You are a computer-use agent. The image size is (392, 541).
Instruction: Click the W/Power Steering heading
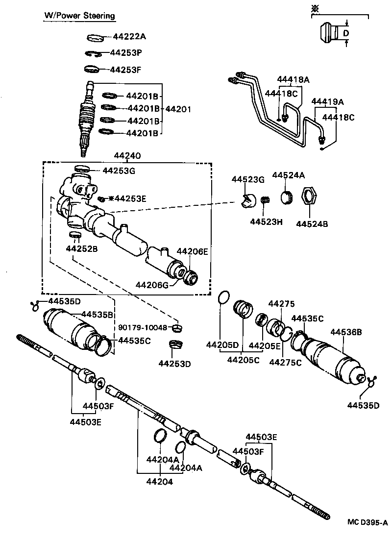point(79,16)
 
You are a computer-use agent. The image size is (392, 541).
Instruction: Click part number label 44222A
point(129,36)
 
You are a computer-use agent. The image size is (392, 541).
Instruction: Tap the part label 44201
point(178,109)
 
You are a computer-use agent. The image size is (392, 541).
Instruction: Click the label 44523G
point(247,179)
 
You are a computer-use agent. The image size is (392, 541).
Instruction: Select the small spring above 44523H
point(265,201)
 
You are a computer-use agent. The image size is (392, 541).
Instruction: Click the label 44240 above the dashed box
point(127,156)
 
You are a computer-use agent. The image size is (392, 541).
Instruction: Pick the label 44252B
point(82,249)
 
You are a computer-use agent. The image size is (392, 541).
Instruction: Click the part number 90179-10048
point(143,327)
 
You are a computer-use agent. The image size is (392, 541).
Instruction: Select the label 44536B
point(345,332)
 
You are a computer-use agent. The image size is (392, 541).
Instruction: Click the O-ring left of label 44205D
point(223,297)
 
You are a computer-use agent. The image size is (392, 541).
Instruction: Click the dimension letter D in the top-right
point(345,33)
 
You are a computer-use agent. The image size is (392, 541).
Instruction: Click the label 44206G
point(152,285)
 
